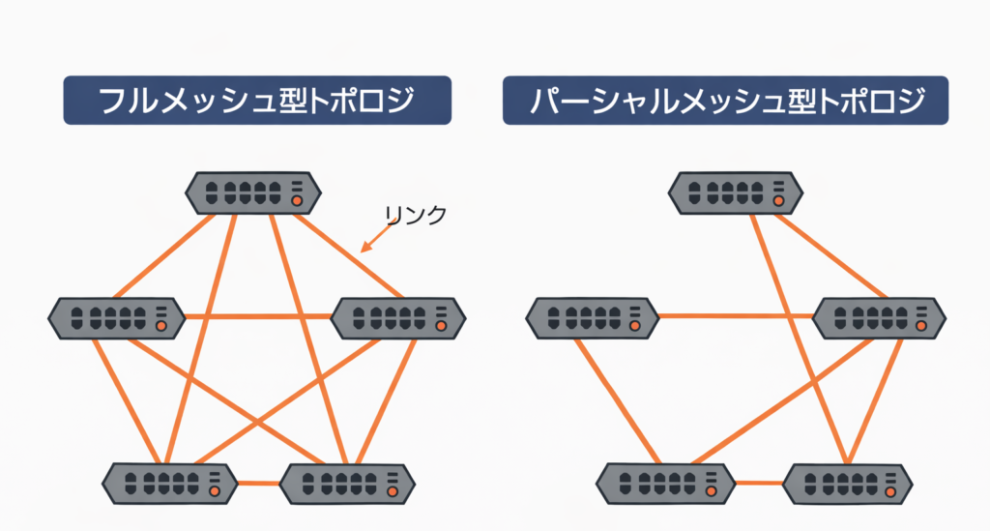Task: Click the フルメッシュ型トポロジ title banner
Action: (x=257, y=100)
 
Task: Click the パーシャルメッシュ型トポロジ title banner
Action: (x=724, y=100)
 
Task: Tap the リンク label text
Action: (x=415, y=215)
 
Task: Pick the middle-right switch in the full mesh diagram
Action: (x=397, y=316)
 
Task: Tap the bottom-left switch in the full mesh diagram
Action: (x=169, y=481)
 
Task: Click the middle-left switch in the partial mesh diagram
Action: (x=593, y=316)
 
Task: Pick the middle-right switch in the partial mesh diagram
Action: (x=879, y=316)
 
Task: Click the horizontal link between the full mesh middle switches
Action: (x=256, y=316)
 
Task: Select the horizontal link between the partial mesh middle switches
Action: (x=735, y=315)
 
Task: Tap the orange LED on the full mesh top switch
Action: (x=297, y=201)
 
